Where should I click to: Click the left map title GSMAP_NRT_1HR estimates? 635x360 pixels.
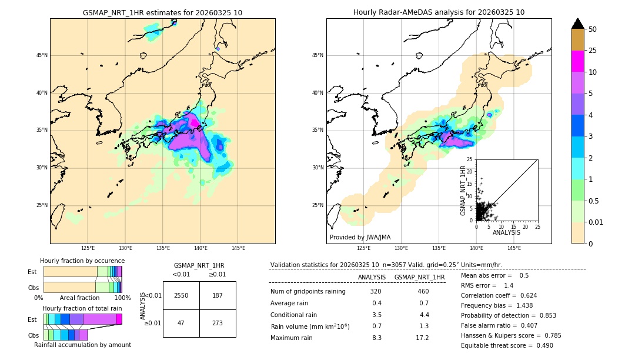162,12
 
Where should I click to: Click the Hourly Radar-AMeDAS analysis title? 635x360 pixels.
439,12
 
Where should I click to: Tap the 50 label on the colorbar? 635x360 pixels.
593,29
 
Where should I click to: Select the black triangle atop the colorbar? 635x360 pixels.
578,24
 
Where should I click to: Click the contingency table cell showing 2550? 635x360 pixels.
181,295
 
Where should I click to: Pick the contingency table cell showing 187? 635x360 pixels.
218,295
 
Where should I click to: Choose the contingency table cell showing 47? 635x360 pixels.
181,323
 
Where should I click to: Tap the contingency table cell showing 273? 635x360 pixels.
218,323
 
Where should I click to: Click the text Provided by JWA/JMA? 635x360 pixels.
360,237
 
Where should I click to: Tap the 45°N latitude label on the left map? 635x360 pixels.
42,55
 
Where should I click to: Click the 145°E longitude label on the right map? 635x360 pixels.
514,248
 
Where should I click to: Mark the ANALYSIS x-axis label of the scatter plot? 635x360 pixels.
506,232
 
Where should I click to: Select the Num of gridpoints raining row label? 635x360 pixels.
308,291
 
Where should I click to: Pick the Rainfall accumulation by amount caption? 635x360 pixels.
82,345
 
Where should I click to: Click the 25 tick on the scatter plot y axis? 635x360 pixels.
470,159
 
